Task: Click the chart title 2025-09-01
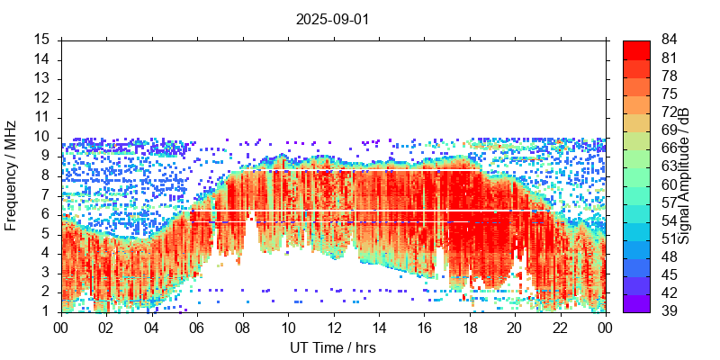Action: coord(332,19)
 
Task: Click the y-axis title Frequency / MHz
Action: coord(11,175)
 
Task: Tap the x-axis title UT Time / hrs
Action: coord(332,347)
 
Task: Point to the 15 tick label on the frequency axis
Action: coord(41,40)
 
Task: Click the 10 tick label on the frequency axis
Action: coord(41,137)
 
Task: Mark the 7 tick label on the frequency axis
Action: coord(45,195)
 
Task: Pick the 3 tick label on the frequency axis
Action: coord(45,273)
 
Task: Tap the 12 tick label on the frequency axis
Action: coord(41,98)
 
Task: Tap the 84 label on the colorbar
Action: coord(670,40)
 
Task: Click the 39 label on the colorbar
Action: coord(670,311)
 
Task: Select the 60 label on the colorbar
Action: coord(670,184)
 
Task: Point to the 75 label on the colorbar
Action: coord(670,94)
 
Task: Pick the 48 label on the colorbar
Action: coord(670,256)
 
